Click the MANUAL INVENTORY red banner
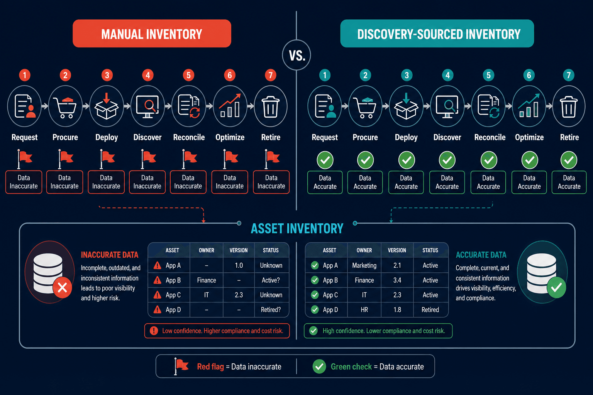[x=152, y=34]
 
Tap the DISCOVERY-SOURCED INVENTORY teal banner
[x=437, y=34]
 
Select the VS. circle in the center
[x=296, y=55]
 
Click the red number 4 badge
[x=148, y=75]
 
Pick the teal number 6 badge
[x=529, y=75]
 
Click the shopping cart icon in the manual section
[x=65, y=107]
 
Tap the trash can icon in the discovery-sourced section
[x=569, y=106]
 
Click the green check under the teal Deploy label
[x=407, y=160]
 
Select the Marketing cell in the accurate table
[x=364, y=265]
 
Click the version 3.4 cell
[x=397, y=280]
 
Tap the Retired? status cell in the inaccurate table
[x=271, y=309]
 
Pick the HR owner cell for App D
[x=364, y=309]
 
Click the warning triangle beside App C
[x=158, y=295]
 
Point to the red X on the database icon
[x=63, y=288]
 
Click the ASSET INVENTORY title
[x=297, y=229]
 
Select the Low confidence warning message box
[x=217, y=331]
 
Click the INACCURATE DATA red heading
[x=110, y=255]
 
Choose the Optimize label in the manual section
[x=230, y=137]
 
